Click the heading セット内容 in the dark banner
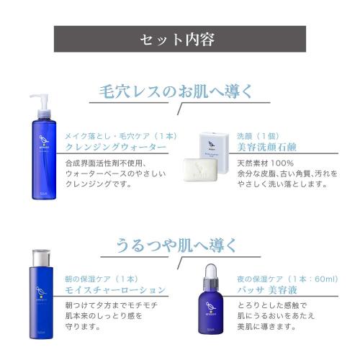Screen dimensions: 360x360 coord(180,38)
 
